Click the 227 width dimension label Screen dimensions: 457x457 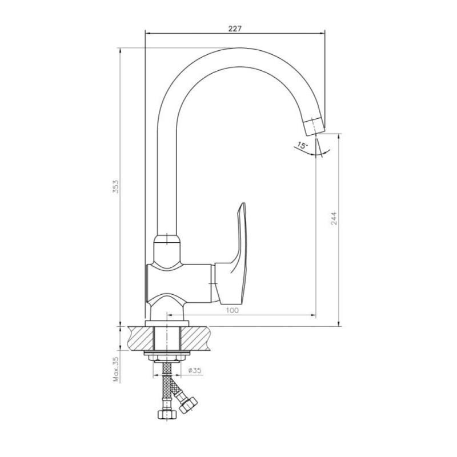[235, 29]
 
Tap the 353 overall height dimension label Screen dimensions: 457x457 [116, 187]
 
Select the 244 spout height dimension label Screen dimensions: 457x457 [334, 218]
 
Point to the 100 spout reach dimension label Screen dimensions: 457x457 [232, 310]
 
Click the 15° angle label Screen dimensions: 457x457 [303, 145]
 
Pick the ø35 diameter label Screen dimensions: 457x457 [195, 370]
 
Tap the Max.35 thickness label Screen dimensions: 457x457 [116, 370]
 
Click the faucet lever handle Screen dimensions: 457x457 [232, 254]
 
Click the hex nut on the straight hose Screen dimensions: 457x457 [167, 414]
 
